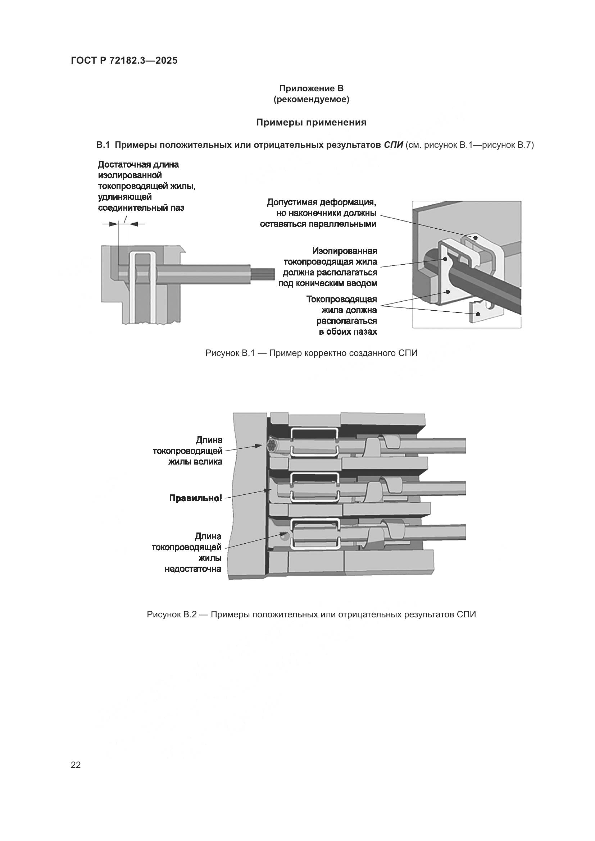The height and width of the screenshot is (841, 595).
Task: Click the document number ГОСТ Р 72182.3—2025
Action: click(124, 60)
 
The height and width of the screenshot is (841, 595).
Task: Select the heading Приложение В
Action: click(311, 88)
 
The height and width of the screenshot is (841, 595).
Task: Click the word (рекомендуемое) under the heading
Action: click(311, 100)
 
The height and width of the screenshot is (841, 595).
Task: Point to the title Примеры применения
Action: click(311, 122)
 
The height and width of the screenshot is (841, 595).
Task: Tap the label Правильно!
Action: click(195, 498)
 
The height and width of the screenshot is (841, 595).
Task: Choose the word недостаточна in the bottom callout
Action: click(193, 569)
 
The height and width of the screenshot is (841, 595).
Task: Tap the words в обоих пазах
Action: click(348, 332)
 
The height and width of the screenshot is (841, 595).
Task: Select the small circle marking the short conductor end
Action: click(285, 537)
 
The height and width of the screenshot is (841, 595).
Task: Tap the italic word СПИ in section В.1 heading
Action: click(393, 145)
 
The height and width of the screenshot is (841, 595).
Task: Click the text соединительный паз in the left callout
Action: click(141, 208)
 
